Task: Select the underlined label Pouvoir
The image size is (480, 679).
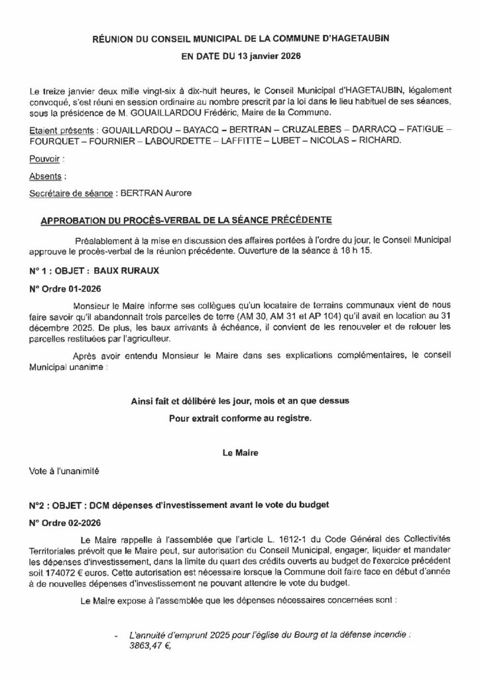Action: [x=46, y=160]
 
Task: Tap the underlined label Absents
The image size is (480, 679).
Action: [x=47, y=176]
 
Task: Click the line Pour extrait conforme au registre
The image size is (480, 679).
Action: [x=239, y=418]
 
